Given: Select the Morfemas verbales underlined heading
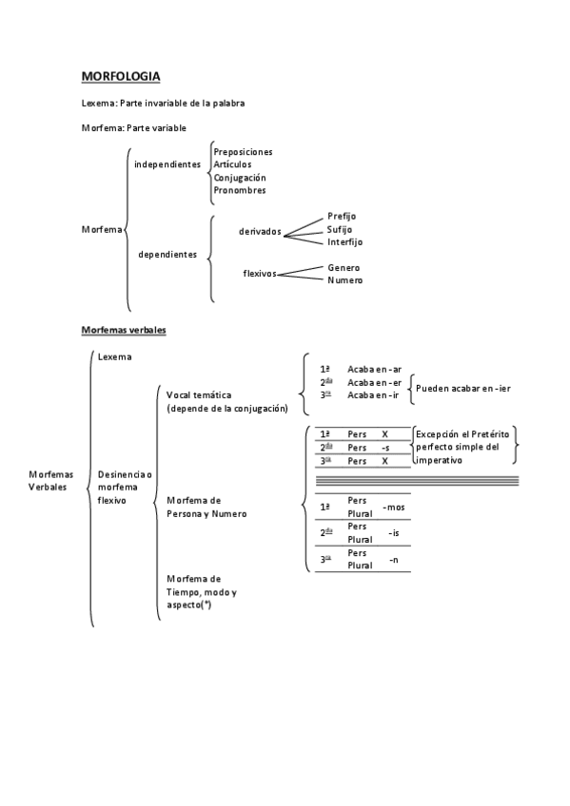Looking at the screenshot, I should [124, 329].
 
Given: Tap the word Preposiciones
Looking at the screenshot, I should [243, 152].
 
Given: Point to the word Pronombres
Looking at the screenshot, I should [239, 190].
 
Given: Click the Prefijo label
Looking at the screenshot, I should [341, 216].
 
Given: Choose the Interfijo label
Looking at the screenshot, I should [344, 241].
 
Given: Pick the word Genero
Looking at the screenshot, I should [344, 267].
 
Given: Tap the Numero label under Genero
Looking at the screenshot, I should [344, 280].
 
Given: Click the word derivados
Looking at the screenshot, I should [260, 230].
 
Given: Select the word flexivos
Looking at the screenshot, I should [259, 274].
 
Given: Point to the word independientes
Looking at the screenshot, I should [167, 164].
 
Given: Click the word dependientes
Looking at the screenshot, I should [167, 254].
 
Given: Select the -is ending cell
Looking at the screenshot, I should [393, 533].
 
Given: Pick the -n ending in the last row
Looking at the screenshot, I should [393, 560].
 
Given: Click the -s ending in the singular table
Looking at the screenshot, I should [384, 447].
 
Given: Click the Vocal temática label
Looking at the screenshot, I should [199, 394].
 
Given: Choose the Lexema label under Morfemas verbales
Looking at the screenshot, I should [114, 356].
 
